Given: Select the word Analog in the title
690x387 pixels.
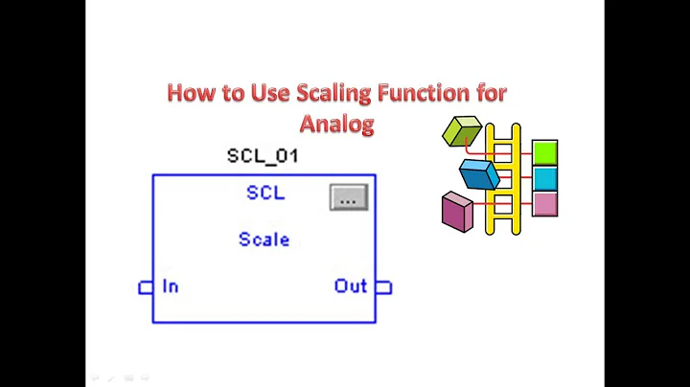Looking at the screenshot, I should [x=335, y=123].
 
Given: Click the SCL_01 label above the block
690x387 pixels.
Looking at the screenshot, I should [x=262, y=155].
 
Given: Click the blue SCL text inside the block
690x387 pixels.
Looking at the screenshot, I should [x=265, y=193].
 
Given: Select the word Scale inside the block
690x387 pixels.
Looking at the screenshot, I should [x=264, y=239].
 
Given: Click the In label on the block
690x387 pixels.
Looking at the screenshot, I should [x=170, y=285].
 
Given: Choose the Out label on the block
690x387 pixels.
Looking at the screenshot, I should [x=351, y=285].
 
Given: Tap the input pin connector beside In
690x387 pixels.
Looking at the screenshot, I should [x=146, y=286].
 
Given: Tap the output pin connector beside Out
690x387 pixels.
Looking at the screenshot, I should [x=382, y=286].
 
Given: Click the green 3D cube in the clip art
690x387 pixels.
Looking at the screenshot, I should [x=461, y=131].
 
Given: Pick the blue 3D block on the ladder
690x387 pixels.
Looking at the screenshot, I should [x=479, y=174].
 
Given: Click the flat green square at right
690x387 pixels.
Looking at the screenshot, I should [x=544, y=152].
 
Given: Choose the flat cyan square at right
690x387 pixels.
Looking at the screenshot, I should [x=544, y=178].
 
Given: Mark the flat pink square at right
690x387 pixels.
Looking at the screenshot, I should [x=544, y=203].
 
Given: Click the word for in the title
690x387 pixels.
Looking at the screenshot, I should [x=487, y=94].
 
